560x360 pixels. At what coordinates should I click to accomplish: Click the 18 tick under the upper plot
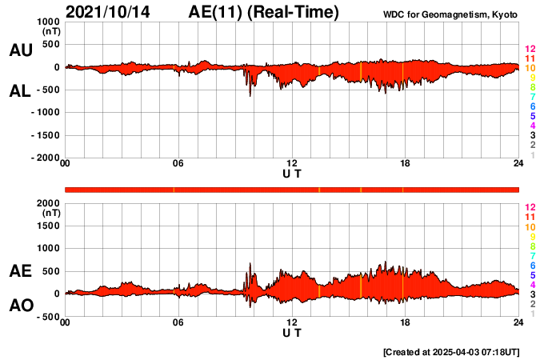click(x=406, y=164)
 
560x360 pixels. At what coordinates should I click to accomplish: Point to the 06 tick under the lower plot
click(x=178, y=322)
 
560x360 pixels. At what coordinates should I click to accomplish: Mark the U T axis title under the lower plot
click(x=292, y=332)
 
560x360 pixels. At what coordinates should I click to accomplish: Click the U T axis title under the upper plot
click(x=292, y=174)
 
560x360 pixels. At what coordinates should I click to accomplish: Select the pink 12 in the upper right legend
click(x=529, y=50)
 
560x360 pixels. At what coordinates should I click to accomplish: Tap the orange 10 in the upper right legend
click(x=529, y=69)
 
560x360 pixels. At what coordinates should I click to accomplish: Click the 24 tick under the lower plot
click(x=518, y=322)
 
